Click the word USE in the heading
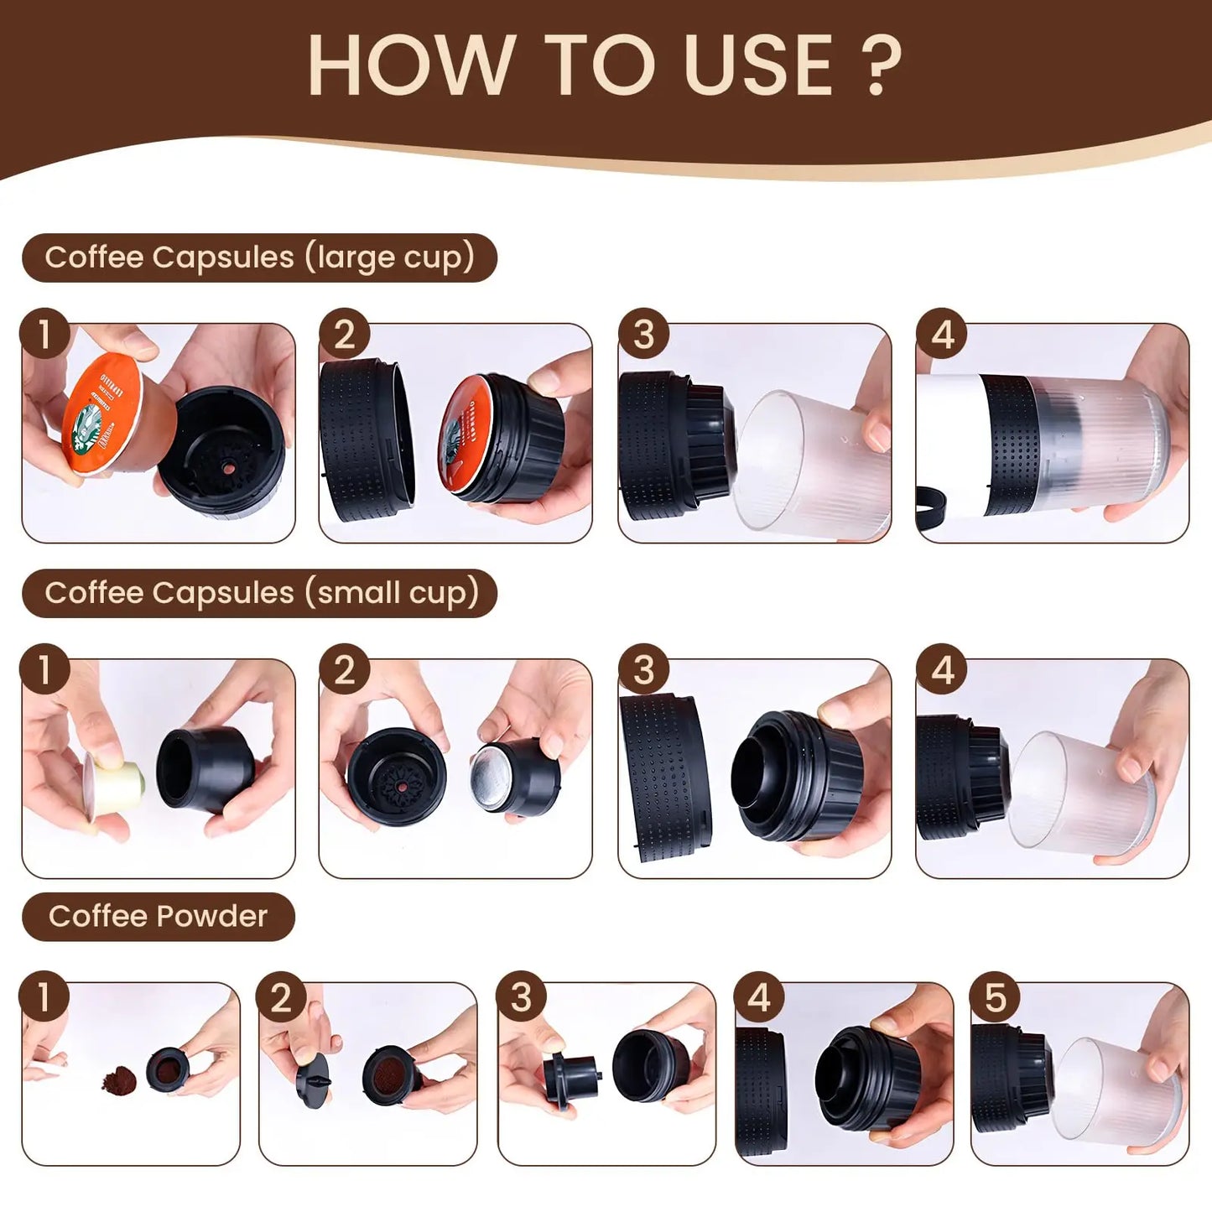[x=759, y=66]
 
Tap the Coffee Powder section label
[x=158, y=916]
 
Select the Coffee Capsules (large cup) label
[x=259, y=257]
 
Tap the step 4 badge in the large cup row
[x=942, y=334]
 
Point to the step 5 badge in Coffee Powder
[x=995, y=997]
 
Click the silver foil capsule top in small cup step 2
[x=491, y=776]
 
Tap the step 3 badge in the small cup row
[x=643, y=669]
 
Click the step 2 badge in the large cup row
[x=344, y=334]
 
